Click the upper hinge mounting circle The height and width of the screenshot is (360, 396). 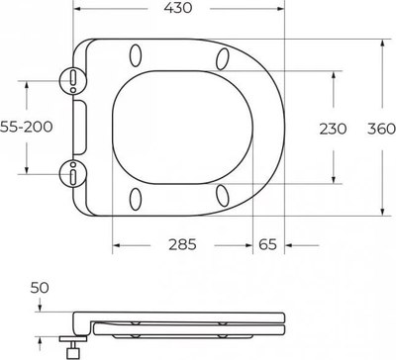tap(73, 81)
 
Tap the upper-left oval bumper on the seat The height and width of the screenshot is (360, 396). tap(136, 56)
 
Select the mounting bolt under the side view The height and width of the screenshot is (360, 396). tap(73, 345)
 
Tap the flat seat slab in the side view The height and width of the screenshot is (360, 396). tap(188, 323)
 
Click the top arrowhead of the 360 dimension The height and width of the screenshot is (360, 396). tap(384, 42)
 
